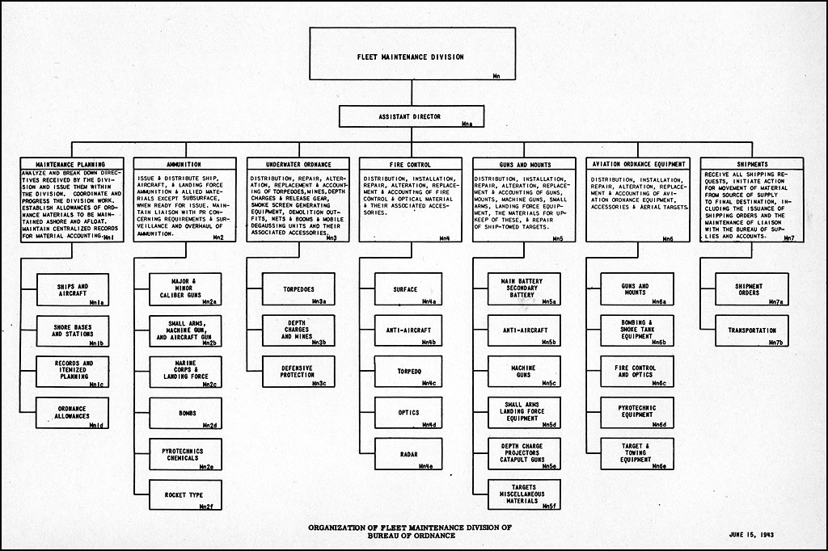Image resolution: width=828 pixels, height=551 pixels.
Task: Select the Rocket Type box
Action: pyautogui.click(x=184, y=495)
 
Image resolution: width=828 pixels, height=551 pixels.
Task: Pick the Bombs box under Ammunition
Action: pyautogui.click(x=184, y=413)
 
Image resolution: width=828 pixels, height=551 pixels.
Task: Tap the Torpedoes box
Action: pyautogui.click(x=294, y=289)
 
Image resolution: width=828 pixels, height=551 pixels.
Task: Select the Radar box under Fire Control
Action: pyautogui.click(x=408, y=454)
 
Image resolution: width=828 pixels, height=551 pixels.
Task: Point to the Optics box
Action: pyautogui.click(x=408, y=413)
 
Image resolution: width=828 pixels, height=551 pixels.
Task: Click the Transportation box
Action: pyautogui.click(x=750, y=330)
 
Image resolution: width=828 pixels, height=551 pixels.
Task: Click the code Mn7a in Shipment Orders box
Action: pyautogui.click(x=775, y=301)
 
